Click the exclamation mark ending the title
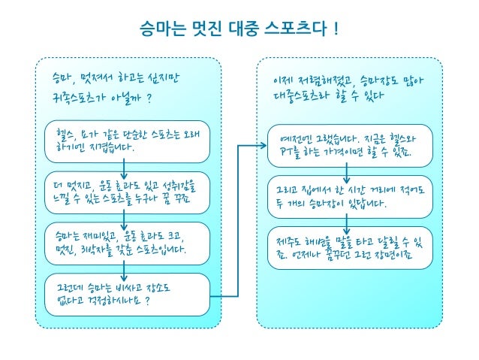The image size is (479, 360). click(x=335, y=29)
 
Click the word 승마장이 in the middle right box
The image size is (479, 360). click(x=327, y=204)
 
